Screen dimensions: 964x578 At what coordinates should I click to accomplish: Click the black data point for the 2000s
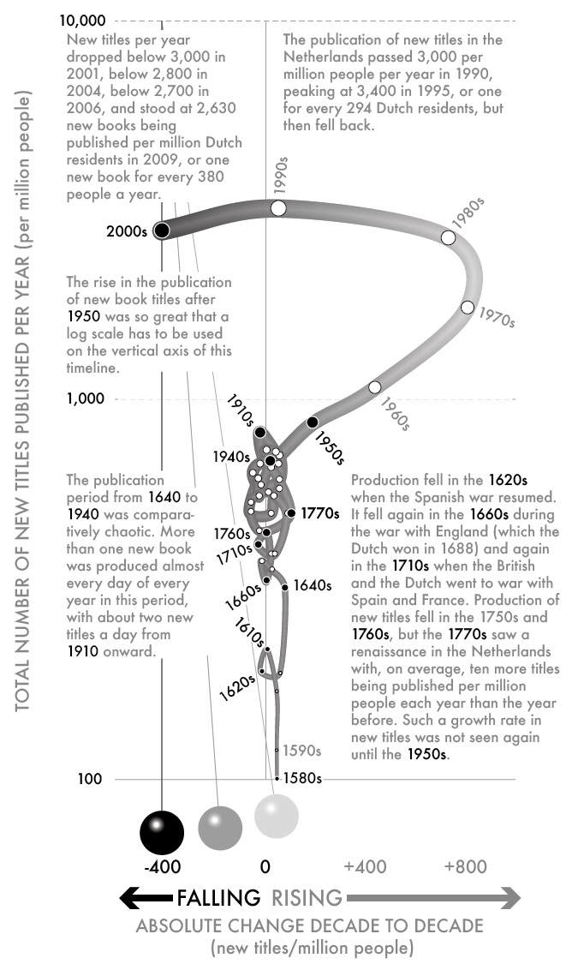(162, 231)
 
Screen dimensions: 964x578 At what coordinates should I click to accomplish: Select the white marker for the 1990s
(277, 208)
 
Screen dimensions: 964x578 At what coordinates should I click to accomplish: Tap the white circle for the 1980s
(448, 237)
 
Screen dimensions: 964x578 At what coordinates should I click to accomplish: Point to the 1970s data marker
(467, 308)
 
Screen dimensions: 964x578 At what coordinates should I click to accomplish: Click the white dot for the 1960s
(374, 387)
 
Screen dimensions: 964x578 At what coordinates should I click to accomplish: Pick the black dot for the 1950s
(313, 422)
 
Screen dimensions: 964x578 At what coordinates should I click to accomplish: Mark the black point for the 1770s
(292, 513)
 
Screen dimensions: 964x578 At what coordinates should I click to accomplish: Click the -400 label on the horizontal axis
(162, 867)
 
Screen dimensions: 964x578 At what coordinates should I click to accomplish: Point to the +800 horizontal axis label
(465, 867)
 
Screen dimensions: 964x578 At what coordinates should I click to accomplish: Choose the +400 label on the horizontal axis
(365, 867)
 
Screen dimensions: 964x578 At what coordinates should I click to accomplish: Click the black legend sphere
(162, 829)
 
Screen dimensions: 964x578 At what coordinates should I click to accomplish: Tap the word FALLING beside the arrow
(218, 898)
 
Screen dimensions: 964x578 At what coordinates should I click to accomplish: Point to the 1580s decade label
(303, 778)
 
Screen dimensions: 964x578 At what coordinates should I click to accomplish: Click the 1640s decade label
(312, 585)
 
